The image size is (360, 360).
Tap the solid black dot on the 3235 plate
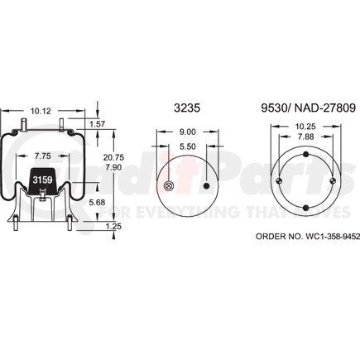[x=206, y=186]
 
